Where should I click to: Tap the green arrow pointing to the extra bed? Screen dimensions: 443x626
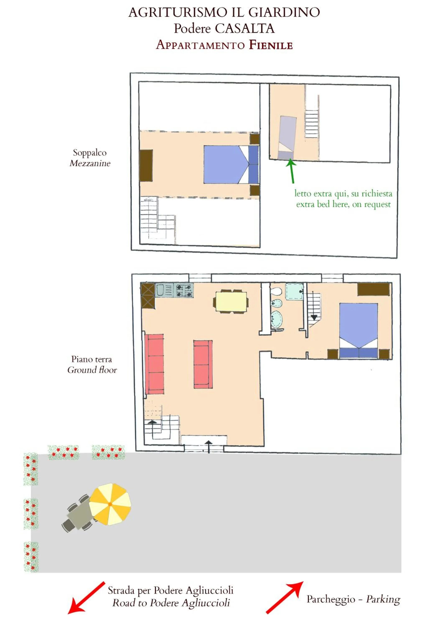[x=292, y=171]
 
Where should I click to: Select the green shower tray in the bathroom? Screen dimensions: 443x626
[x=294, y=292]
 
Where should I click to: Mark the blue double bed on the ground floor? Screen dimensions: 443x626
[x=358, y=330]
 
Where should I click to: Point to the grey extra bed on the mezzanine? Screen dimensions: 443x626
[x=287, y=138]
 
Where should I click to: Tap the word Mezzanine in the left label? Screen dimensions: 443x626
[x=90, y=163]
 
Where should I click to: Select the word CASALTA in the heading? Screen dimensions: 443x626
[x=244, y=28]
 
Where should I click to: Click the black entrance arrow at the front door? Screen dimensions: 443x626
[x=209, y=447]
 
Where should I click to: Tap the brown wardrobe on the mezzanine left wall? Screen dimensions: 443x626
[x=146, y=165]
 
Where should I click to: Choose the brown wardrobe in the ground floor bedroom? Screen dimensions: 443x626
[x=373, y=289]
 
